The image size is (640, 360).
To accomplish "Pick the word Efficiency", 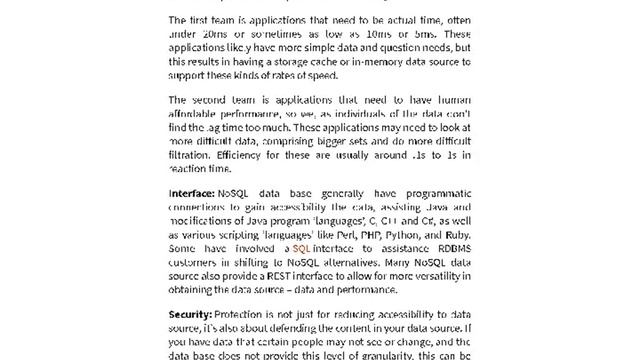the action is pyautogui.click(x=243, y=156).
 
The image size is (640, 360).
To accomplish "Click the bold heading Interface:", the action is pyautogui.click(x=191, y=193).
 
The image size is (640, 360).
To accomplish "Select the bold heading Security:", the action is pyautogui.click(x=190, y=314).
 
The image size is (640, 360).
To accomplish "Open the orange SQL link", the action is pyautogui.click(x=301, y=248).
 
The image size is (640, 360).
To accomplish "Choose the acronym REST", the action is pyautogui.click(x=276, y=276).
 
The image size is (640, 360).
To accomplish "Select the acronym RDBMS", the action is pyautogui.click(x=446, y=248).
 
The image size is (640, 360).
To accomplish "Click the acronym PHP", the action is pyautogui.click(x=366, y=234).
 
